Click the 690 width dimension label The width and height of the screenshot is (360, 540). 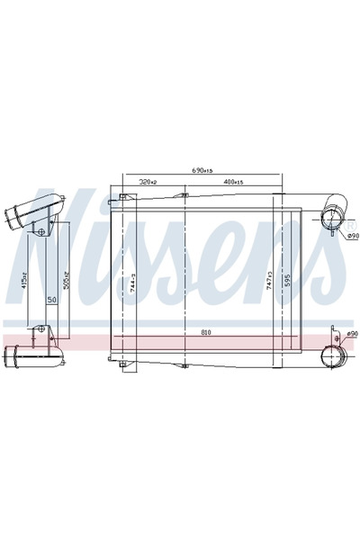pyautogui.click(x=202, y=170)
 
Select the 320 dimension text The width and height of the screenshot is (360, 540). pyautogui.click(x=148, y=183)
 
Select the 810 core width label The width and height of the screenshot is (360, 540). pyautogui.click(x=206, y=334)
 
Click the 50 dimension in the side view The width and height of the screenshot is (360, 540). pyautogui.click(x=52, y=300)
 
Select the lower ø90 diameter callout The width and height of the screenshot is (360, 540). pyautogui.click(x=351, y=334)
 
